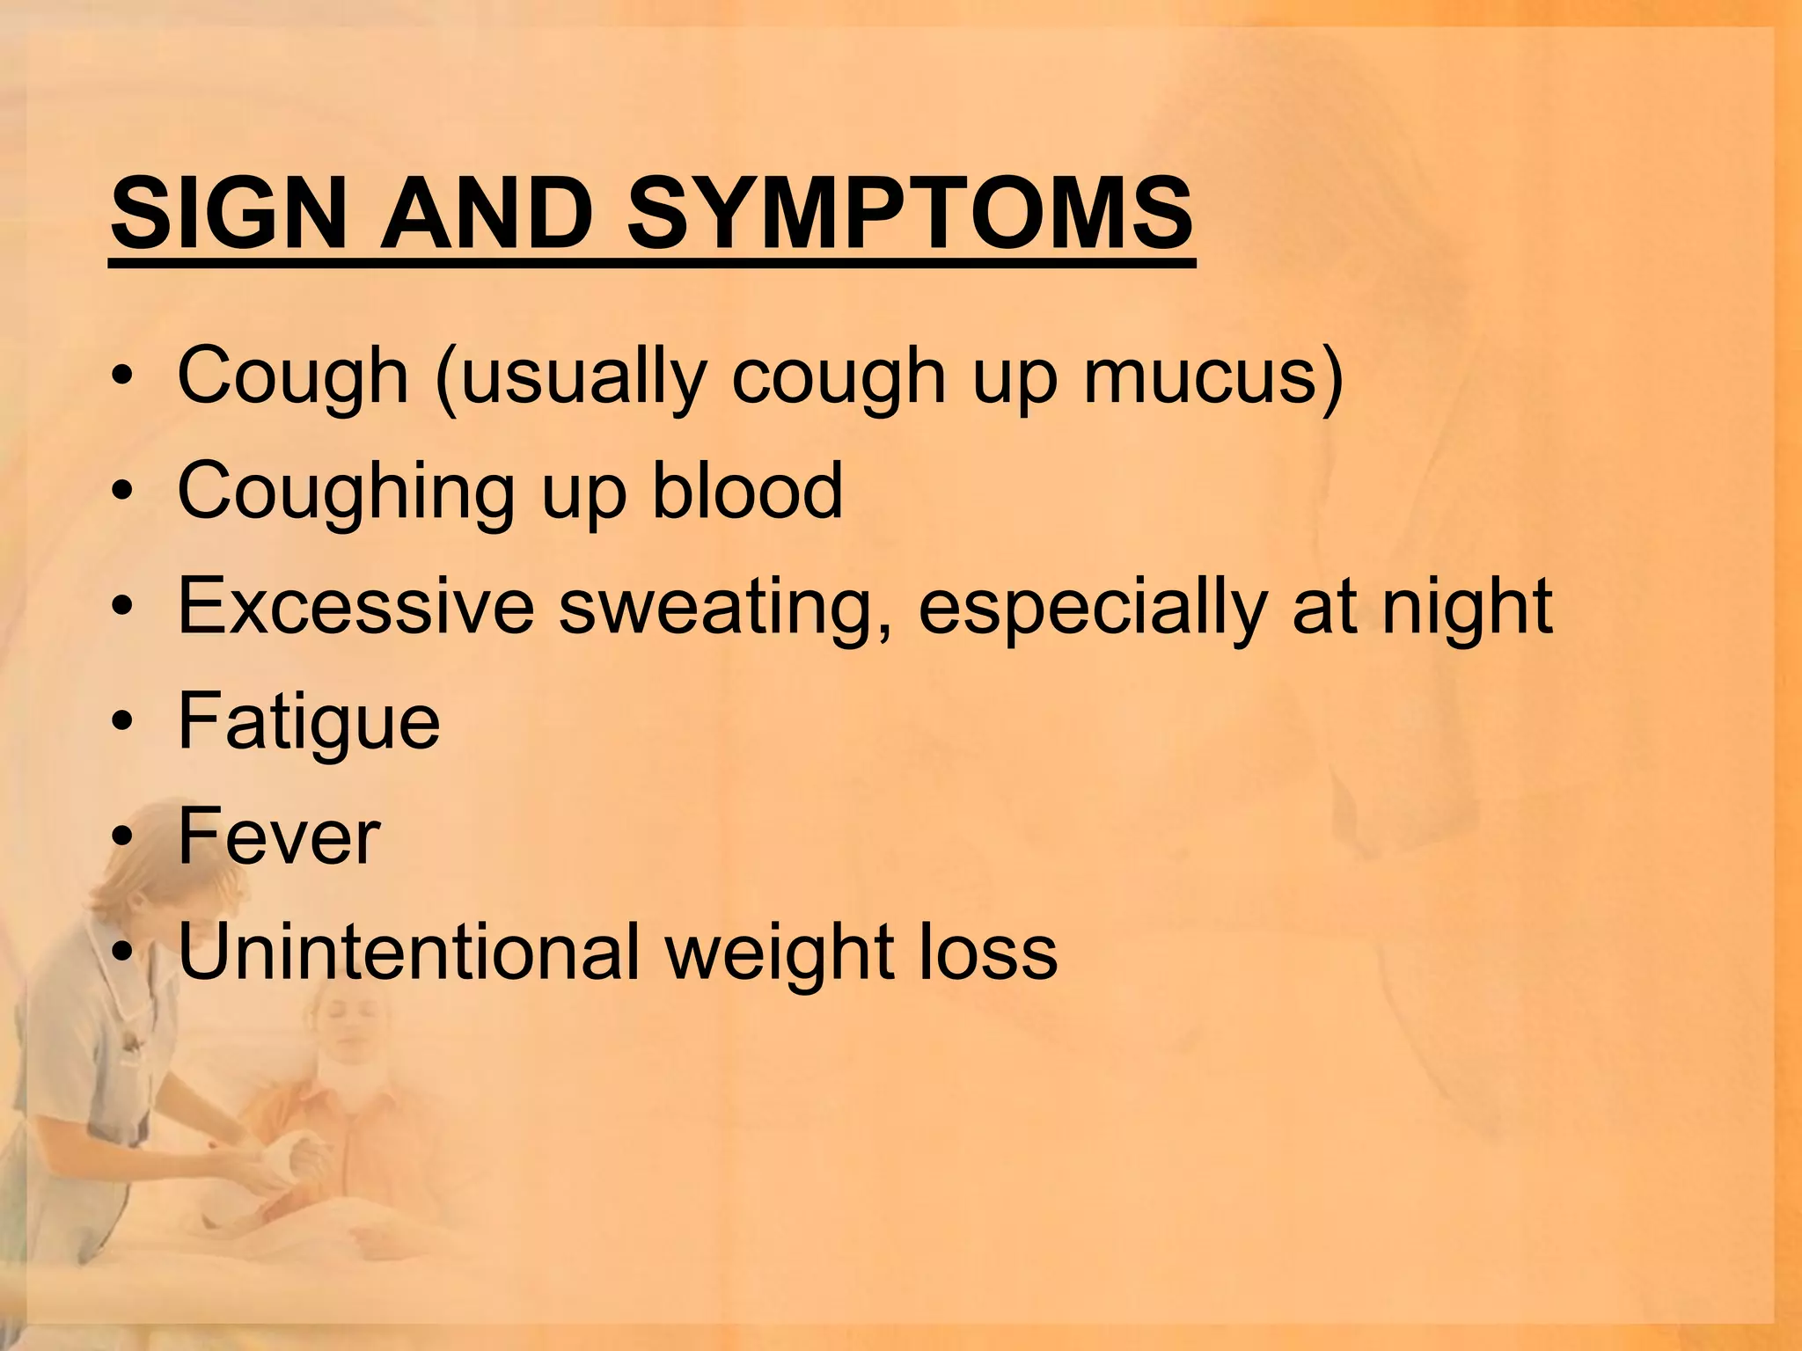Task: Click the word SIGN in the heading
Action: click(228, 214)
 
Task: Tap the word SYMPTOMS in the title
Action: click(910, 214)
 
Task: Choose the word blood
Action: click(747, 490)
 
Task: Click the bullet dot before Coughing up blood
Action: click(122, 491)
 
